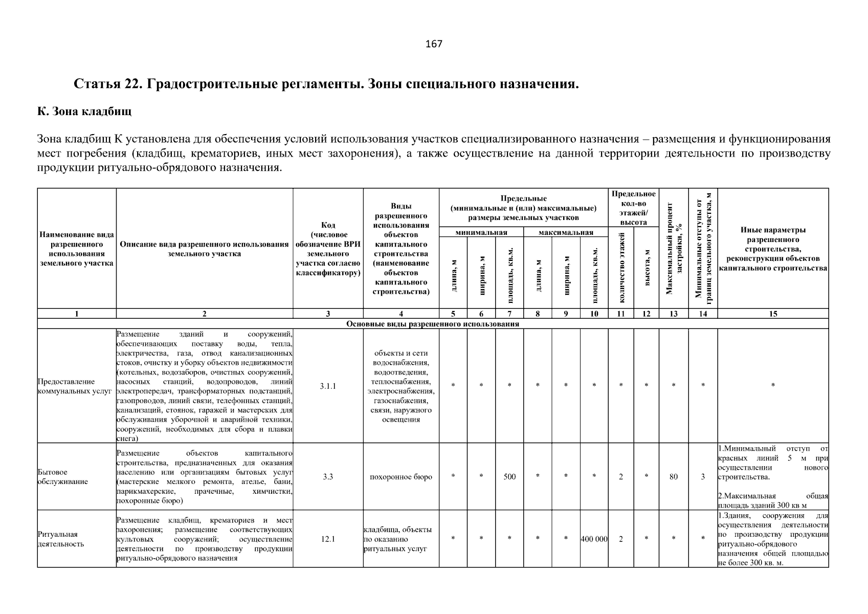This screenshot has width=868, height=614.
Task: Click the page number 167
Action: pos(434,44)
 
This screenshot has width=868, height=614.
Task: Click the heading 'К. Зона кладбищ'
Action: pos(84,111)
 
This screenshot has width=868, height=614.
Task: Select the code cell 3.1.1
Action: pos(328,386)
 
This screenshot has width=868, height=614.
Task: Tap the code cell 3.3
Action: pos(328,477)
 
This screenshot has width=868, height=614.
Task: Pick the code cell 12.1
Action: pos(328,539)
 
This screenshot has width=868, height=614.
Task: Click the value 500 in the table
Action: pos(509,477)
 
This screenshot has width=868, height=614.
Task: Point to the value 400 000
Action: pos(594,539)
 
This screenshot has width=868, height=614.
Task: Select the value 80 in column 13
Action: pos(674,477)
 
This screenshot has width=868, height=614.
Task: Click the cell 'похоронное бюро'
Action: pos(401,477)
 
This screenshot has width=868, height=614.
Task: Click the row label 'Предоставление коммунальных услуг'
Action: pos(75,386)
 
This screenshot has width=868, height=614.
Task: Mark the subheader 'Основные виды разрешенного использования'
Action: pos(433,324)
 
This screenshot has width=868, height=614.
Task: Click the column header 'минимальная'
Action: pos(481,233)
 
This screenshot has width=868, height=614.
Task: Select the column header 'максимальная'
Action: pos(566,233)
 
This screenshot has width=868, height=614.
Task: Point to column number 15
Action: pos(773,314)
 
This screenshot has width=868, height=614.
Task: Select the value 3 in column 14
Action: pos(703,477)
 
